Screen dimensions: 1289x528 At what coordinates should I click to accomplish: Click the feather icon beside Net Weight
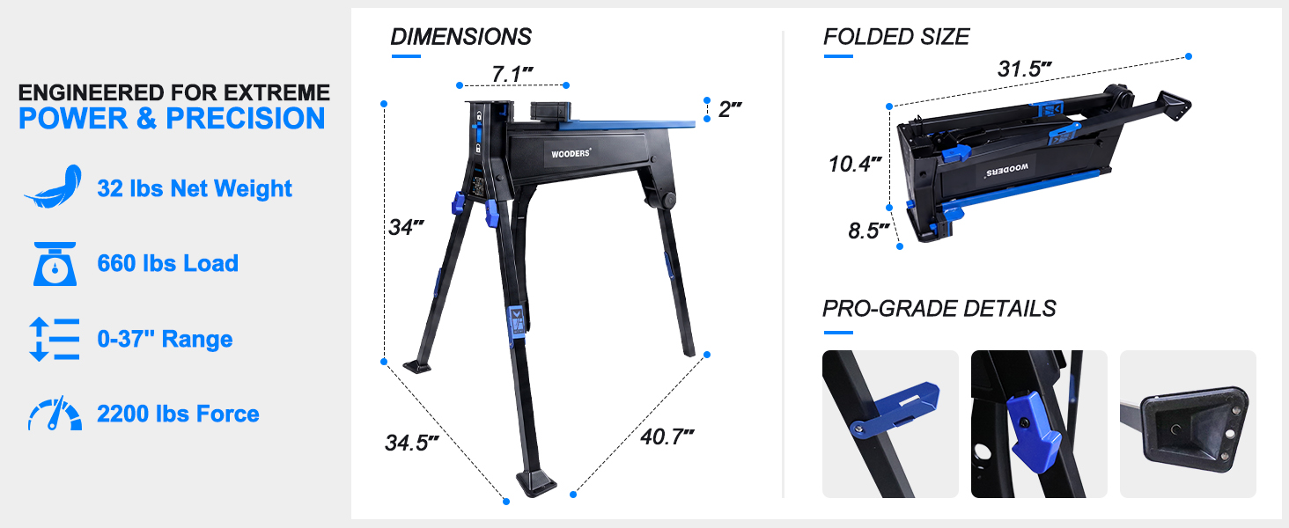54,187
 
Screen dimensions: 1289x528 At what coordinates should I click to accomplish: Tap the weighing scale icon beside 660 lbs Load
55,264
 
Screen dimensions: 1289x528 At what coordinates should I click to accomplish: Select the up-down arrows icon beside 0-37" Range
54,339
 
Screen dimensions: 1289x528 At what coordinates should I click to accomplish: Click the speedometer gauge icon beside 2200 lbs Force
55,414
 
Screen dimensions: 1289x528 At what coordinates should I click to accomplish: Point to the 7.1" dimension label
512,74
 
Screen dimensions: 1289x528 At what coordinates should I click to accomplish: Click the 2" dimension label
730,109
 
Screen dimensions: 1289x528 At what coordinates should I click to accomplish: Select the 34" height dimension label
406,227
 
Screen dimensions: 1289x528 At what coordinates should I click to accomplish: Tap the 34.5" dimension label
411,443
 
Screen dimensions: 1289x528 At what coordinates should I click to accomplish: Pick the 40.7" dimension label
667,436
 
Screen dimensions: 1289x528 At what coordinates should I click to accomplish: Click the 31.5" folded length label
1024,69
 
